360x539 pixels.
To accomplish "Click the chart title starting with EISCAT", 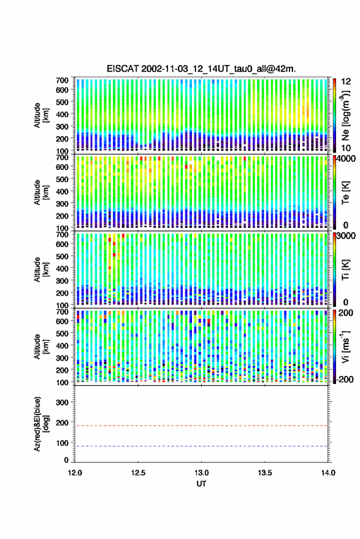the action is pyautogui.click(x=201, y=69).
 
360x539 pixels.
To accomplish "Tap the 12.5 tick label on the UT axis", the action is pyautogui.click(x=138, y=473).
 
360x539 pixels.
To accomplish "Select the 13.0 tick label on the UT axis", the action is pyautogui.click(x=202, y=473).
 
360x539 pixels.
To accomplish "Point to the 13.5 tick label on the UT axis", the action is pyautogui.click(x=265, y=473).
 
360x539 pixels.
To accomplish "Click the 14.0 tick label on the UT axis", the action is pyautogui.click(x=328, y=473).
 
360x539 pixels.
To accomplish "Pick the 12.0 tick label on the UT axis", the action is pyautogui.click(x=75, y=473).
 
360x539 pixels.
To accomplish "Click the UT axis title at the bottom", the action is pyautogui.click(x=202, y=484).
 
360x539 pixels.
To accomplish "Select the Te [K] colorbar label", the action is pyautogui.click(x=345, y=193).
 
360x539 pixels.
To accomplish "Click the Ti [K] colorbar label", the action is pyautogui.click(x=345, y=270).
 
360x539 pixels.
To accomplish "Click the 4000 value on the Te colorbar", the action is pyautogui.click(x=347, y=159).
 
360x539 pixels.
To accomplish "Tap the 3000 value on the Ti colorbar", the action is pyautogui.click(x=347, y=236).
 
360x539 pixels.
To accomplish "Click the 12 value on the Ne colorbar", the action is pyautogui.click(x=346, y=82).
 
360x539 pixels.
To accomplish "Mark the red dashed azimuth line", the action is pyautogui.click(x=201, y=426).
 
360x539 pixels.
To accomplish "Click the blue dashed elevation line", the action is pyautogui.click(x=201, y=446).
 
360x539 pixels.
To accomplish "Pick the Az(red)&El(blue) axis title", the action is pyautogui.click(x=41, y=424).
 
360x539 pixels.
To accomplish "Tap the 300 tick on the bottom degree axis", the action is pyautogui.click(x=62, y=402).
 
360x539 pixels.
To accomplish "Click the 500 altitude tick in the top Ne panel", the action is pyautogui.click(x=62, y=102).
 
